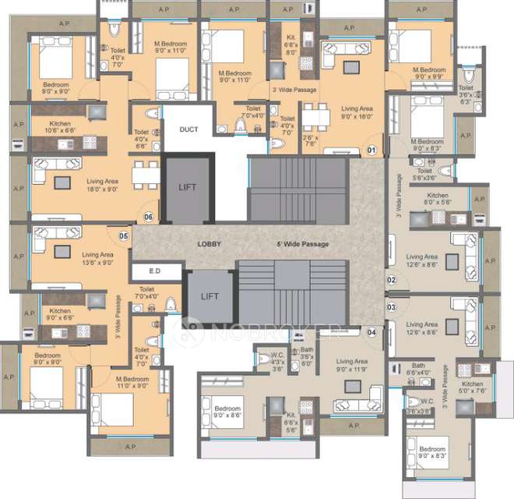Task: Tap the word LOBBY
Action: (x=209, y=244)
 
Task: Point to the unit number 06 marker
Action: (x=149, y=217)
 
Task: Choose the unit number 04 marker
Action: (x=371, y=332)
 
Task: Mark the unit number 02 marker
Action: (x=392, y=280)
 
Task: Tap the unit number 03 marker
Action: (x=392, y=307)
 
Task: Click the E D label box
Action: (x=156, y=271)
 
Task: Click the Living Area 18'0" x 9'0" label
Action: (x=103, y=184)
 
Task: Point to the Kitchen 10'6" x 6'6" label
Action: (x=62, y=129)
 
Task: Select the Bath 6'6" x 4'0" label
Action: (x=418, y=369)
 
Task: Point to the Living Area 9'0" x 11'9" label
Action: (x=352, y=365)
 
